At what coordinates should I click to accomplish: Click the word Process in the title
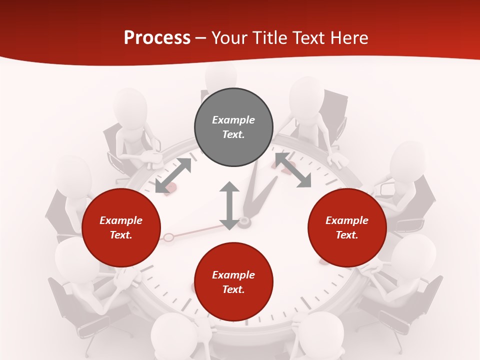coord(157,38)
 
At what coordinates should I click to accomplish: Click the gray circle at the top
coord(233,127)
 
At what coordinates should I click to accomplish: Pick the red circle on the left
coord(121,227)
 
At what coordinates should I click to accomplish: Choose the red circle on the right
coord(347,227)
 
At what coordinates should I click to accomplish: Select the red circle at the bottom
coord(233,282)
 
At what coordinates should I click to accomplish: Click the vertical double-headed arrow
coord(229,205)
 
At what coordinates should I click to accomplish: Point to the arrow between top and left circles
coord(173,175)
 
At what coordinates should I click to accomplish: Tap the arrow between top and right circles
coord(293,170)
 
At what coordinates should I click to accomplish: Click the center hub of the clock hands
coord(244,221)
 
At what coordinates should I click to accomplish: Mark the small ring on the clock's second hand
coord(168,237)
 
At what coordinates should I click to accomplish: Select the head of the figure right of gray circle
coord(306,94)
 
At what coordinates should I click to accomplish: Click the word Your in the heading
coord(228,38)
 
